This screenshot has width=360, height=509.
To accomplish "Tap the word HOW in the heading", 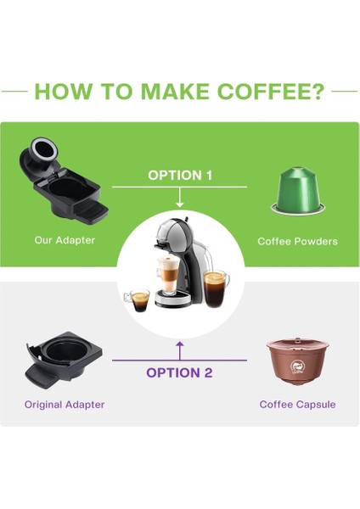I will (x=62, y=92).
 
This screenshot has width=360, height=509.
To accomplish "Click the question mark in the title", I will (x=317, y=92).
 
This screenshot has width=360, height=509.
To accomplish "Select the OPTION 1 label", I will (x=180, y=175).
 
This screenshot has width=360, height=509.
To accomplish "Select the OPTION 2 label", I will (x=179, y=372).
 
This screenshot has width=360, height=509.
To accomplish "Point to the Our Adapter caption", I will (x=65, y=241).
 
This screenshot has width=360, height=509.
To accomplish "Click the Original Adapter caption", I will (x=65, y=405).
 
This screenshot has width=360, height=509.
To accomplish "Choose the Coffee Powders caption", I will (x=297, y=241).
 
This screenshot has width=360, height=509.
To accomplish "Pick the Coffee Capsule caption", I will (x=297, y=405).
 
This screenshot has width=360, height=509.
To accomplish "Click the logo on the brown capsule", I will (x=297, y=366).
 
